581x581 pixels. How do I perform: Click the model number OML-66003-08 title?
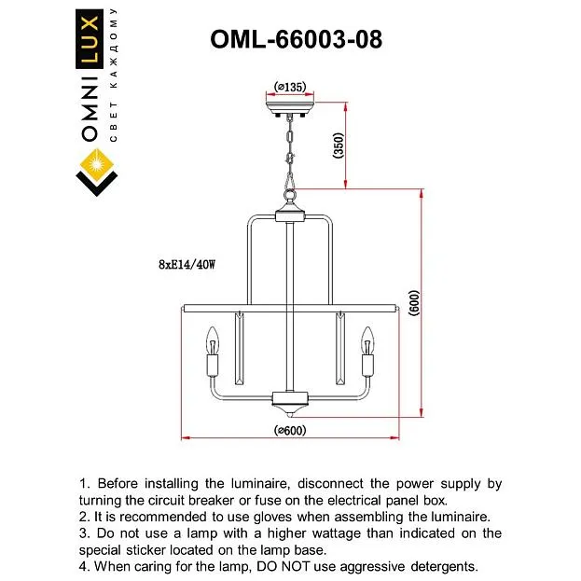point(296,39)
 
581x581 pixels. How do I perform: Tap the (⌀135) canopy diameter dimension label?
point(290,87)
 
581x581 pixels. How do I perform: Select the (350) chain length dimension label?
point(339,145)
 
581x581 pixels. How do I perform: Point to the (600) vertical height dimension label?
point(414,303)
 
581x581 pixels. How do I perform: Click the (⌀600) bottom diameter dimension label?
point(290,431)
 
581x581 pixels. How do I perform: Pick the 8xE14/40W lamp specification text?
point(187,265)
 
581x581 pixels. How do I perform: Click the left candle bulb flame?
point(213,340)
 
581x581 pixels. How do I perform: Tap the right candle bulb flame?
point(367,340)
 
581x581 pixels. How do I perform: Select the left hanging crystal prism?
point(240,349)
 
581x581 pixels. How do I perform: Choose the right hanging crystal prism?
point(340,349)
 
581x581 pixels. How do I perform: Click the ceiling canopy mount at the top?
point(290,108)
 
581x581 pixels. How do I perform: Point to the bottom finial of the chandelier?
point(290,410)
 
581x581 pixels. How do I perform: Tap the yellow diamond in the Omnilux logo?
point(97,165)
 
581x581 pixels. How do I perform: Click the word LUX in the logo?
point(90,38)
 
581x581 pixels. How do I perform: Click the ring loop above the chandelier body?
point(290,195)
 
